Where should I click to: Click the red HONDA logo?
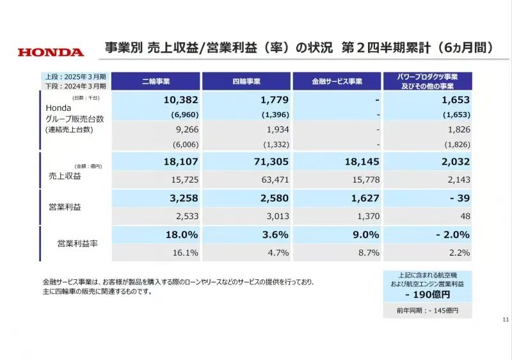pyautogui.click(x=51, y=53)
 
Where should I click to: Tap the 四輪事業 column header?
pyautogui.click(x=246, y=81)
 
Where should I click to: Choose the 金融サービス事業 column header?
pyautogui.click(x=337, y=81)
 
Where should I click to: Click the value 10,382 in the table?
pyautogui.click(x=180, y=101)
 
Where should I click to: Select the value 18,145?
pyautogui.click(x=362, y=162)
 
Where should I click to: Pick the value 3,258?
pyautogui.click(x=183, y=199)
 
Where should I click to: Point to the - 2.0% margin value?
pyautogui.click(x=453, y=235)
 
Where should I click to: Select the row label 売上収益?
pyautogui.click(x=67, y=175)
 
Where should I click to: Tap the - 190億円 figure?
pyautogui.click(x=428, y=295)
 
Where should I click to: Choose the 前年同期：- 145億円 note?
pyautogui.click(x=428, y=311)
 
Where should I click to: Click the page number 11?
pyautogui.click(x=506, y=320)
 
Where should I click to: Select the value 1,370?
pyautogui.click(x=368, y=217)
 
